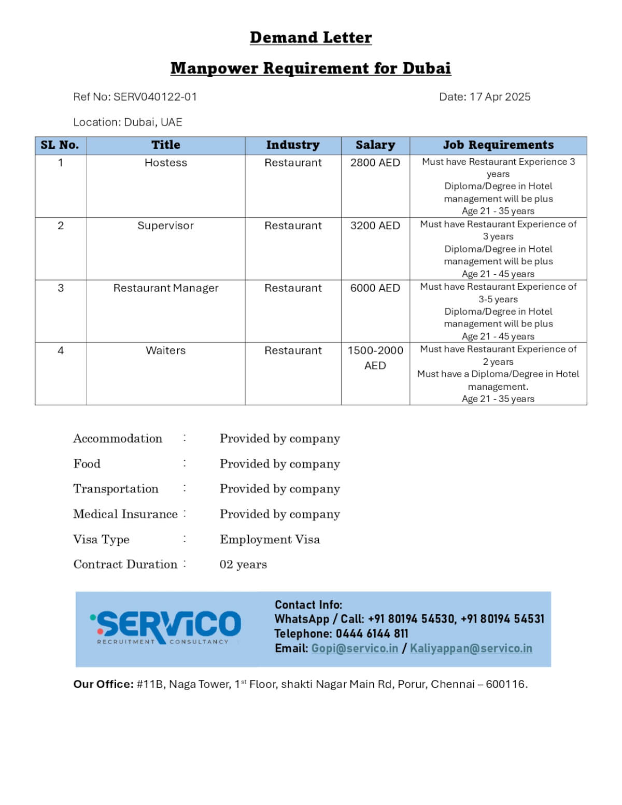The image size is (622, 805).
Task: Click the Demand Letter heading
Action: click(310, 38)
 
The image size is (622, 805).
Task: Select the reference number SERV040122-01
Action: click(155, 97)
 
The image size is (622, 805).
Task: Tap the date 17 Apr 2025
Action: click(500, 97)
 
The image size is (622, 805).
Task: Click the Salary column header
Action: click(375, 145)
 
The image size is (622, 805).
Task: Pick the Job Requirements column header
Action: click(498, 145)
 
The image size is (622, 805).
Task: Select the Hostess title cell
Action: click(166, 163)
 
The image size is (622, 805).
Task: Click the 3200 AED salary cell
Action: click(375, 226)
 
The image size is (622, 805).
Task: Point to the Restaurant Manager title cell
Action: click(166, 288)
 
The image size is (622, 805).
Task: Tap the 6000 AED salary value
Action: click(375, 288)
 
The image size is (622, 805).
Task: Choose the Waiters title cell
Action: click(166, 351)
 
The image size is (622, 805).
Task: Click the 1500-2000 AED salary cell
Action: click(375, 358)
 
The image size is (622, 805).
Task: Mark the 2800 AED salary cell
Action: click(375, 163)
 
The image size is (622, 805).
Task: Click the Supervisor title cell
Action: click(166, 226)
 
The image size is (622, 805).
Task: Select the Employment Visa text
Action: click(270, 540)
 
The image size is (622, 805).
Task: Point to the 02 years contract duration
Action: click(243, 564)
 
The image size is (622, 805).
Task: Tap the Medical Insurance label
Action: click(125, 514)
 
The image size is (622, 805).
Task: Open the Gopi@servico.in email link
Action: click(355, 648)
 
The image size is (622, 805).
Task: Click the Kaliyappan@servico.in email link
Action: click(471, 648)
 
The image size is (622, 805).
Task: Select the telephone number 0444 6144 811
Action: click(372, 634)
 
